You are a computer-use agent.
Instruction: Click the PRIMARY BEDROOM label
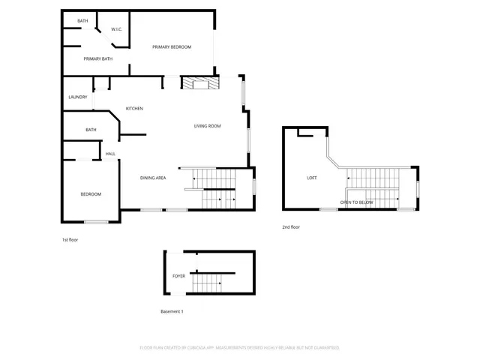[172, 47]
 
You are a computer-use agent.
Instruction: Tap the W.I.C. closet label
[116, 29]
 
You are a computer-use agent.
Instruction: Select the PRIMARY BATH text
[98, 58]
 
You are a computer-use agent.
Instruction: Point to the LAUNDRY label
[78, 97]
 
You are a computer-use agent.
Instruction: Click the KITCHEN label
[134, 109]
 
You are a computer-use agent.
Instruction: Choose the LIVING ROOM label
[207, 126]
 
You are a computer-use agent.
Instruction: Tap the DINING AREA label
[153, 178]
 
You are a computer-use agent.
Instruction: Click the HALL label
[110, 154]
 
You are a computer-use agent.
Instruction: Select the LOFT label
[312, 178]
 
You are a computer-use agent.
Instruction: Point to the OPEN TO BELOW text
[356, 202]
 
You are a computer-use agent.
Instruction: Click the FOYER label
[178, 276]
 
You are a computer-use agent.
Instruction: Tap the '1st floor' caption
[70, 240]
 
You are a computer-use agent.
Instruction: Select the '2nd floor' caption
[291, 226]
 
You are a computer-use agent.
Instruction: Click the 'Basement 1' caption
[172, 310]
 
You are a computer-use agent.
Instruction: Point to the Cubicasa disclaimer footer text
[240, 348]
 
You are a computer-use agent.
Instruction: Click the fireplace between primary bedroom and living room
[199, 82]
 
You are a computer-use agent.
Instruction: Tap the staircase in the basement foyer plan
[207, 282]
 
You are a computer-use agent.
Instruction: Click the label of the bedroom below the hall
[91, 194]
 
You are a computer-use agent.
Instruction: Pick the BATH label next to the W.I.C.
[82, 21]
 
